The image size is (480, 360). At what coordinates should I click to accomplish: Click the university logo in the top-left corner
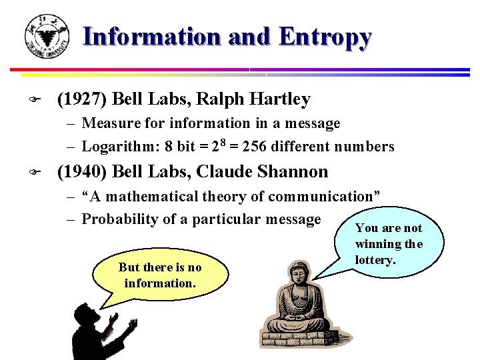point(46,36)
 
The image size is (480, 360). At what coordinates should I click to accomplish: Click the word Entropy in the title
point(325,37)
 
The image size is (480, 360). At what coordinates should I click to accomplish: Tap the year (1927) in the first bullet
point(83,100)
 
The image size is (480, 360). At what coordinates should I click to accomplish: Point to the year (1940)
point(83,172)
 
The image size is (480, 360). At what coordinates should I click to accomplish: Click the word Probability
point(119,219)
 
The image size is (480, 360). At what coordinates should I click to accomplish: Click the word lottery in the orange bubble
point(375,259)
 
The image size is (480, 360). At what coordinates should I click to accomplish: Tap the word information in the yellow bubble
point(159,283)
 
